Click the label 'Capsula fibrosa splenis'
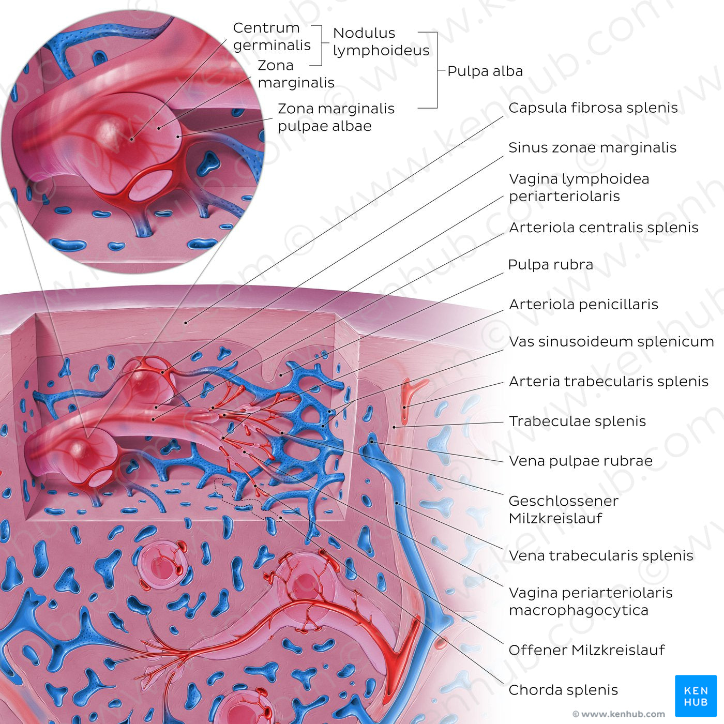tap(593, 108)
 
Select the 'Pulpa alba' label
tap(485, 71)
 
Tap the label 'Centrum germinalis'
tap(271, 36)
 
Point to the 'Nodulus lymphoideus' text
tap(381, 41)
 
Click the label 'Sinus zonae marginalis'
tap(592, 147)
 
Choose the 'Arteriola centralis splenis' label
tap(604, 228)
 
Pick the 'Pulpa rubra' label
tap(550, 265)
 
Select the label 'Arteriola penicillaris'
tap(583, 305)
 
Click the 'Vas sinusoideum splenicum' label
tap(611, 342)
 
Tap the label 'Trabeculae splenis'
tap(577, 421)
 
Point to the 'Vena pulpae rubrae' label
tap(580, 461)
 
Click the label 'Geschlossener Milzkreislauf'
tap(563, 509)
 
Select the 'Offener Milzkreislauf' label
tap(586, 650)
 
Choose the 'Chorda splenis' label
tap(563, 690)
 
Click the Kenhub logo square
tap(696, 696)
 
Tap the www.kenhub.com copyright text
tap(619, 714)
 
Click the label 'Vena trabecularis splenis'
tap(601, 555)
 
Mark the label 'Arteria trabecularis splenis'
tap(608, 382)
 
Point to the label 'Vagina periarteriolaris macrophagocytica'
tap(591, 601)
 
